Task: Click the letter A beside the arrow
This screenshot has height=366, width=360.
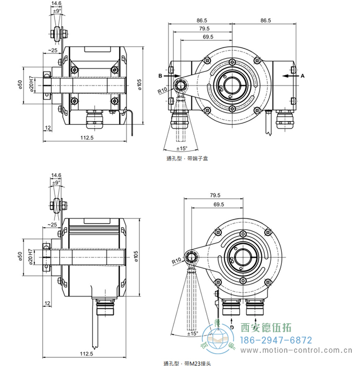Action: click(x=302, y=75)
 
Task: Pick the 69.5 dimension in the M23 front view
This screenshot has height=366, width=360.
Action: click(x=219, y=205)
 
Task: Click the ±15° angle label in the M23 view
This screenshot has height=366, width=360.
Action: click(x=193, y=333)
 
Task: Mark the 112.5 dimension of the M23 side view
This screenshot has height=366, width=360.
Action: click(x=86, y=354)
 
